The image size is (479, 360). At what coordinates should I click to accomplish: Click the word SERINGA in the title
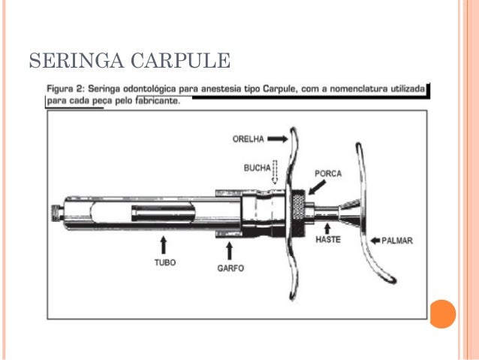click(77, 61)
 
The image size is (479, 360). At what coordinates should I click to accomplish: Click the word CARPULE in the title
click(180, 61)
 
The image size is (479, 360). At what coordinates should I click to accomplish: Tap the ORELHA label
click(248, 139)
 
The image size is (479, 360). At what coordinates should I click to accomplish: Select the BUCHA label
click(258, 168)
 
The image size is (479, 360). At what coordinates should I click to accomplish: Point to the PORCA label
click(328, 174)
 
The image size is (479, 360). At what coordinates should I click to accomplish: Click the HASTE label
click(328, 240)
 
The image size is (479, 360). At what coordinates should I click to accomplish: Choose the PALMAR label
click(397, 241)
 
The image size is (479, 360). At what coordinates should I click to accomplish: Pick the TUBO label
click(165, 263)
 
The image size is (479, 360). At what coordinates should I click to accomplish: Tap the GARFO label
click(230, 268)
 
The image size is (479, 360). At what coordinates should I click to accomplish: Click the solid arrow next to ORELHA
click(277, 139)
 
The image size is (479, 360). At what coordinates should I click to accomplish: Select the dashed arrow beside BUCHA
click(275, 172)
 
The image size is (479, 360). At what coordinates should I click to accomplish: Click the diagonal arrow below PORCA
click(317, 187)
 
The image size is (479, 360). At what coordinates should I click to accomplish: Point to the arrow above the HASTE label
click(327, 228)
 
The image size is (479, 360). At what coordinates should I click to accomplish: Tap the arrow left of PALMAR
click(375, 241)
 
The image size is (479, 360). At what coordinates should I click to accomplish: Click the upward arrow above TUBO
click(164, 245)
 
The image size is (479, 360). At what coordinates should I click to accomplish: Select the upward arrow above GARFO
click(230, 251)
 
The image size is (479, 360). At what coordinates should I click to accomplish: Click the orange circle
click(442, 314)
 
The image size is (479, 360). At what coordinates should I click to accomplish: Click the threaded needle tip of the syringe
click(57, 213)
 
